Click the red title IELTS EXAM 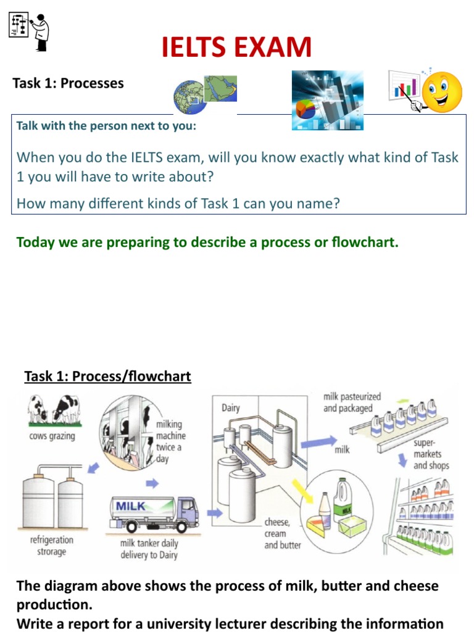click(236, 48)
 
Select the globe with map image click(204, 96)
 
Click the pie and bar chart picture click(327, 100)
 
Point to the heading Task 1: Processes click(69, 83)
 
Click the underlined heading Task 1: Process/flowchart click(107, 376)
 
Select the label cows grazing click(51, 436)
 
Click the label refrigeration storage click(52, 545)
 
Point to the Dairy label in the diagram click(231, 408)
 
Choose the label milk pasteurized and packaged click(352, 402)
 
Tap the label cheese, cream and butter click(282, 533)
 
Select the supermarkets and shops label click(431, 454)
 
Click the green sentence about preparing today click(207, 242)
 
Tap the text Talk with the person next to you click(106, 126)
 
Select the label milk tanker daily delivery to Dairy click(149, 549)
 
